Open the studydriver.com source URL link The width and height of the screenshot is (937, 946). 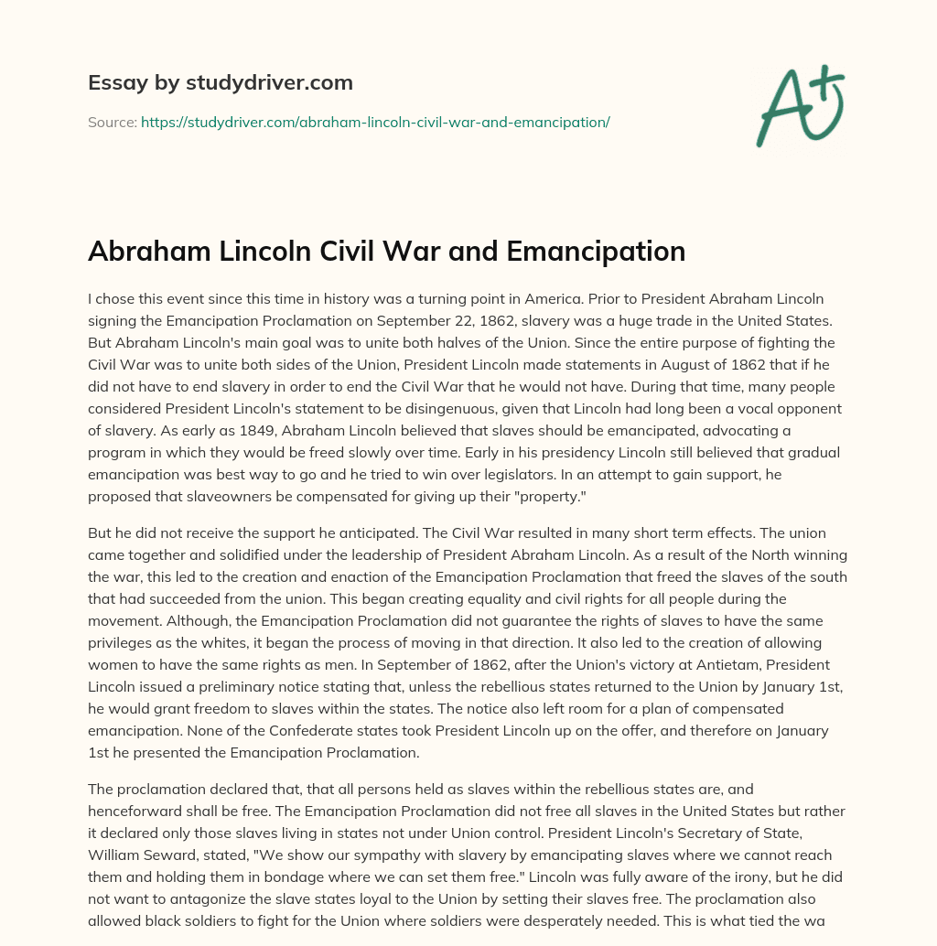tap(375, 122)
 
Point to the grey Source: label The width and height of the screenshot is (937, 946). tap(113, 122)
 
